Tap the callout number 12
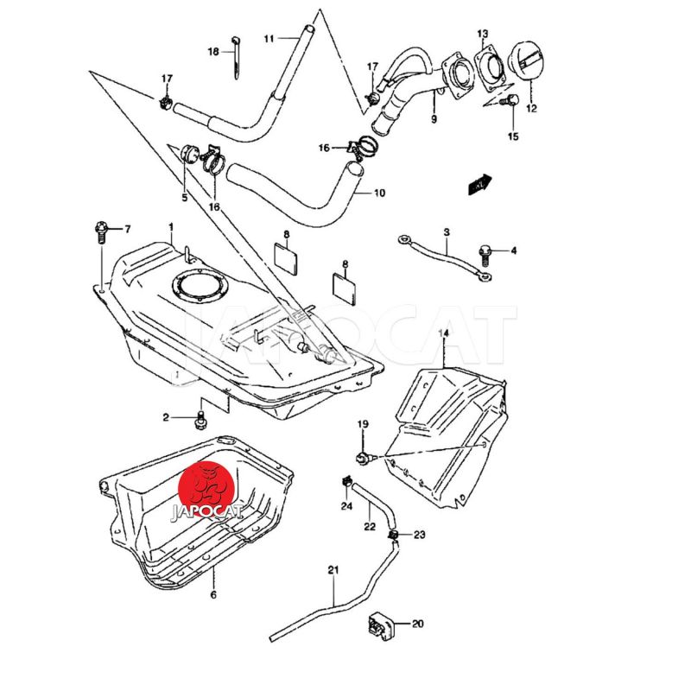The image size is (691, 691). (x=530, y=109)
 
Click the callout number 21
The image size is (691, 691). (x=334, y=569)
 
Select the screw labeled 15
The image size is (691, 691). (x=510, y=101)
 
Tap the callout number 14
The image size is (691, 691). (x=444, y=332)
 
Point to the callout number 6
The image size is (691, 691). (x=213, y=594)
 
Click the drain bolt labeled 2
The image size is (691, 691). (x=201, y=420)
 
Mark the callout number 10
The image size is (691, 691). (x=379, y=193)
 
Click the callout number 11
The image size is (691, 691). (x=269, y=39)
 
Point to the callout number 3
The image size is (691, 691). (x=447, y=232)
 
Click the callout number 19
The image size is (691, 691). (x=363, y=424)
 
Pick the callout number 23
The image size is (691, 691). (x=419, y=536)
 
